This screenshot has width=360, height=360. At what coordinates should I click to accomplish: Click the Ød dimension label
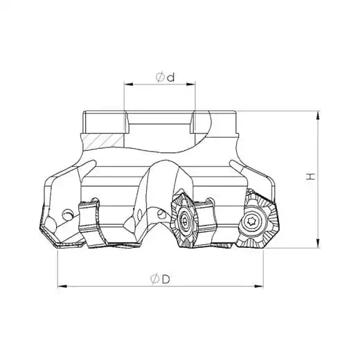click(165, 78)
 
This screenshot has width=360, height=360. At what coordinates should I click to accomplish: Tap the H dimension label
click(311, 177)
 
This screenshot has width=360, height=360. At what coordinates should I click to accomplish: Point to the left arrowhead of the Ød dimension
click(129, 84)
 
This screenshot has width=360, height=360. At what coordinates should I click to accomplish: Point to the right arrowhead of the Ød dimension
click(190, 84)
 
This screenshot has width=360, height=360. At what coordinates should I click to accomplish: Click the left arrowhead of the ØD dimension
click(62, 286)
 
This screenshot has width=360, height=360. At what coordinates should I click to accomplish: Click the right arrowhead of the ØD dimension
click(258, 286)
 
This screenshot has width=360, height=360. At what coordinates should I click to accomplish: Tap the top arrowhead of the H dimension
click(318, 116)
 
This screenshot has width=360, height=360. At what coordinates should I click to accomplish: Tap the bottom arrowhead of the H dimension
click(318, 244)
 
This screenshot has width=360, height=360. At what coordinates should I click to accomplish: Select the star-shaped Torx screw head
click(251, 222)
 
